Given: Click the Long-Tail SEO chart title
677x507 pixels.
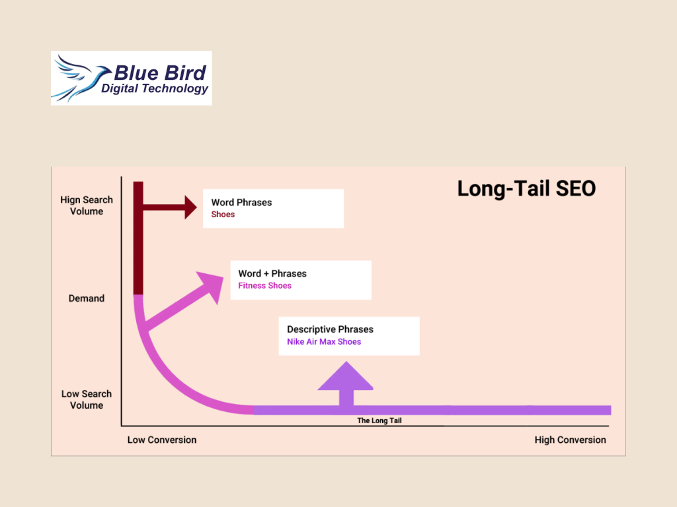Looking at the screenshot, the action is [x=526, y=189].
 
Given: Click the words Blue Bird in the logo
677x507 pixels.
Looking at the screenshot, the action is [x=160, y=73].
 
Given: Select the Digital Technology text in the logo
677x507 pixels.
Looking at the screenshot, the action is [x=155, y=88].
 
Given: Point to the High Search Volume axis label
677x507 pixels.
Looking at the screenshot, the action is [x=87, y=206].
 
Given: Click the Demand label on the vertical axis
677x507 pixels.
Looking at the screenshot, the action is [x=87, y=298].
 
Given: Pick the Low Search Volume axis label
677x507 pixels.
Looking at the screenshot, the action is [x=87, y=399].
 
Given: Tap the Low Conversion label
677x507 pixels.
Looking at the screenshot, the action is [x=162, y=440].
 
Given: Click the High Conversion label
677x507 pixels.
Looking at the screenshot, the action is [x=571, y=440].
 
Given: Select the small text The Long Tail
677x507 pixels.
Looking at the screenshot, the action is [x=379, y=421].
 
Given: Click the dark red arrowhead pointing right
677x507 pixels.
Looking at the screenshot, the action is [x=190, y=207].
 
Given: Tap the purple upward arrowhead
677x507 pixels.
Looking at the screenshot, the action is [x=346, y=376].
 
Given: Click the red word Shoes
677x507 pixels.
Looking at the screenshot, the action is [x=223, y=215].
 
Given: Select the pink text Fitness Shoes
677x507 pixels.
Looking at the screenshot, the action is [x=264, y=285].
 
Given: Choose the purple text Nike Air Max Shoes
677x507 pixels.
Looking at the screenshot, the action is [x=324, y=341].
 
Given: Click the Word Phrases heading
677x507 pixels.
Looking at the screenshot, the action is [x=241, y=203].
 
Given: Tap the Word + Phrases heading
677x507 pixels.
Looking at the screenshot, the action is [x=272, y=274].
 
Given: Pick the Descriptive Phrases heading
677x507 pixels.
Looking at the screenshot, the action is [x=331, y=329].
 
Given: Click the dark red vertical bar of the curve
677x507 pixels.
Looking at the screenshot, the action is [x=138, y=238].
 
